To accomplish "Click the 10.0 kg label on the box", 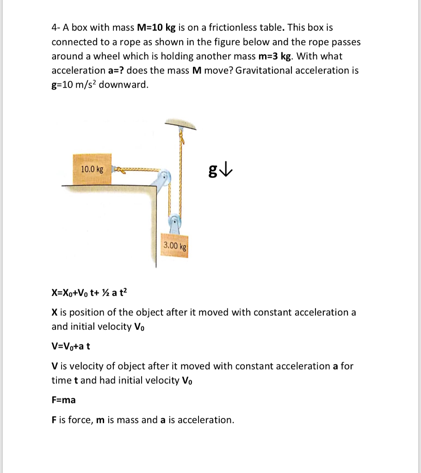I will pyautogui.click(x=92, y=170).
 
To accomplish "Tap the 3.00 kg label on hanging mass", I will pyautogui.click(x=174, y=245).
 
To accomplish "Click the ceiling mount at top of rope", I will pyautogui.click(x=180, y=124).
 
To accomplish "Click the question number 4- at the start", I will pyautogui.click(x=56, y=28).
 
